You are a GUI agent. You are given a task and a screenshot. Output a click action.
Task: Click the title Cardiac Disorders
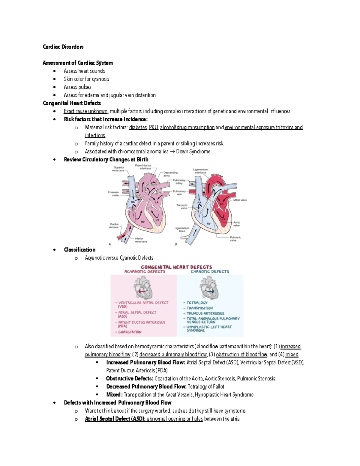[x=63, y=47]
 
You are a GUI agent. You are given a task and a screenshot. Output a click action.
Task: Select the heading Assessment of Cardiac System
[x=78, y=63]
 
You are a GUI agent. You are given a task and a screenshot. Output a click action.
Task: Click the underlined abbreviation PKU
[x=153, y=128]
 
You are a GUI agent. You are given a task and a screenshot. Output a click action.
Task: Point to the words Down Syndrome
[x=193, y=152]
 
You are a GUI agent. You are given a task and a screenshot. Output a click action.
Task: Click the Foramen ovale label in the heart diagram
[x=113, y=194]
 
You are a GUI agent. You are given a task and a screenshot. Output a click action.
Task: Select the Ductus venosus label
[x=114, y=226]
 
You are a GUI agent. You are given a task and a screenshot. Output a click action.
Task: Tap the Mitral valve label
[x=240, y=200]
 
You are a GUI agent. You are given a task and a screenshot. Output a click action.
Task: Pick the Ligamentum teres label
[x=182, y=230]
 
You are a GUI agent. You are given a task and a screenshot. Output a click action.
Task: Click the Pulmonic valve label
[x=236, y=239]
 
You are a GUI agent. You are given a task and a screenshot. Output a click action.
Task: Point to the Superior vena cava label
[x=119, y=169]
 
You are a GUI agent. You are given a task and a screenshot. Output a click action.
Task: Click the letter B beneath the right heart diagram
[x=176, y=244]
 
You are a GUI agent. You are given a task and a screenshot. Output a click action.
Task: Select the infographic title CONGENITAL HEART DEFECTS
[x=176, y=267]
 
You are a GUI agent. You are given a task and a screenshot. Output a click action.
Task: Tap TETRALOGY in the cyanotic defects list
[x=197, y=303]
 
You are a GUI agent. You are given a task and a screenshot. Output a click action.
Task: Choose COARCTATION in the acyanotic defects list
[x=130, y=332]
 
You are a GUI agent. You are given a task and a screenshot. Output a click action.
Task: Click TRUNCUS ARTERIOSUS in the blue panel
[x=205, y=314]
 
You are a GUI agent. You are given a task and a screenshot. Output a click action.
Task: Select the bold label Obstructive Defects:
[x=130, y=379]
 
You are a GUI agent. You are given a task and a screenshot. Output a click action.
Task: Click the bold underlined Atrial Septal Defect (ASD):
[x=115, y=419]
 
